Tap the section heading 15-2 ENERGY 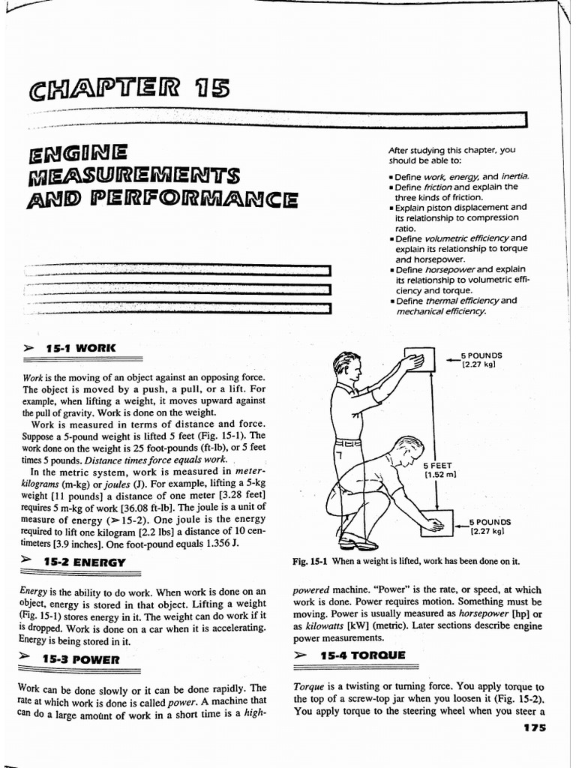pos(84,562)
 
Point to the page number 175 pos(530,727)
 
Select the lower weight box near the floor pos(437,524)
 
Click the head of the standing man pos(347,367)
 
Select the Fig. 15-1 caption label pos(310,561)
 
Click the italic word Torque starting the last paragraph pos(307,686)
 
